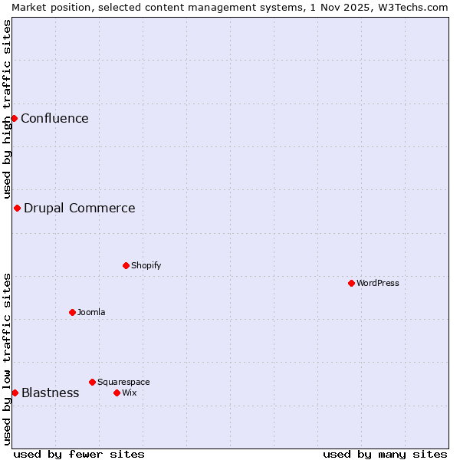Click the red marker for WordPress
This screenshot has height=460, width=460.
(x=351, y=283)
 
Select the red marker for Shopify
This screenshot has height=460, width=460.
(x=126, y=265)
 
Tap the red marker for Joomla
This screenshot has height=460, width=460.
(x=72, y=312)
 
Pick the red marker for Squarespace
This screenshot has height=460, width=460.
(x=92, y=382)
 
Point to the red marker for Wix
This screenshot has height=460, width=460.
(x=117, y=393)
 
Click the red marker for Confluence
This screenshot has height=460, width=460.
(x=14, y=118)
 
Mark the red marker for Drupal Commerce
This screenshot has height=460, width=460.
(x=17, y=208)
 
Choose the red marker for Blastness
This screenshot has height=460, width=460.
(x=15, y=393)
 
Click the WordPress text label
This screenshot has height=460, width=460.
(x=378, y=283)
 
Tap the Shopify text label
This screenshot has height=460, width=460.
(x=146, y=265)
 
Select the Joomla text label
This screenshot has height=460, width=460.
(x=91, y=312)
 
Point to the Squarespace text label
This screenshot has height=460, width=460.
(x=123, y=382)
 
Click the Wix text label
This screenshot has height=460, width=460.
(x=129, y=393)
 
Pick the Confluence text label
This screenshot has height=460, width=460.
(x=54, y=118)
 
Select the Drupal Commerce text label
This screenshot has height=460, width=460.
(x=79, y=208)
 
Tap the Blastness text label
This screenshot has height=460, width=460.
(x=50, y=393)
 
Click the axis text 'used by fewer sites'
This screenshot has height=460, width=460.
(x=79, y=454)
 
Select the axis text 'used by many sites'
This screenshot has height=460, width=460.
(x=385, y=454)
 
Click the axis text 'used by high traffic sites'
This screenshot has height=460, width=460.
(x=7, y=110)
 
